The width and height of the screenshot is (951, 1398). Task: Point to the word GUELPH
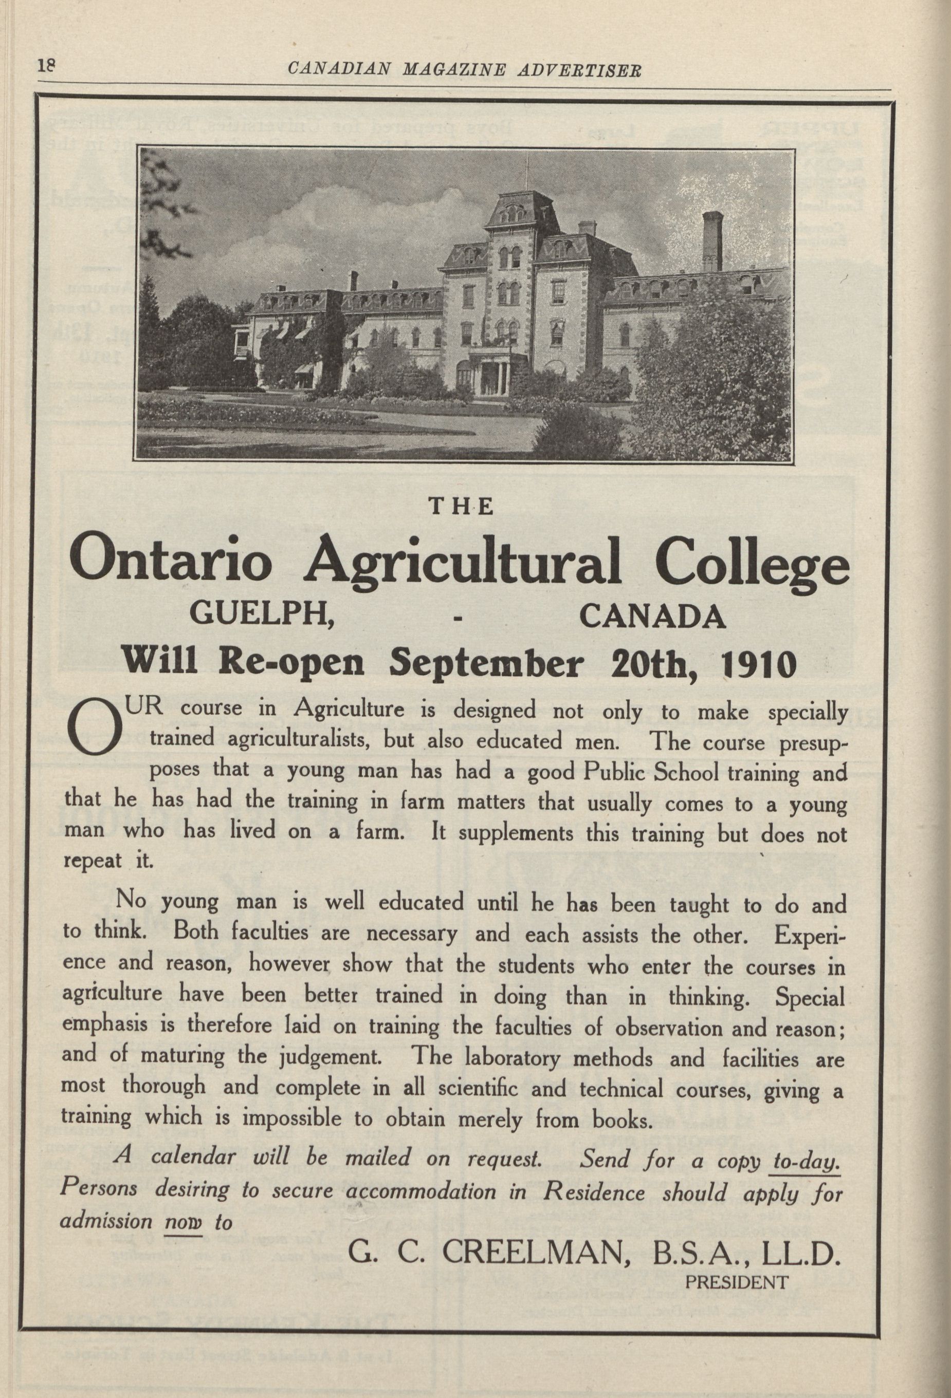coord(262,616)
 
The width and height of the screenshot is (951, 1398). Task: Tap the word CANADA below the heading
coord(652,616)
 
